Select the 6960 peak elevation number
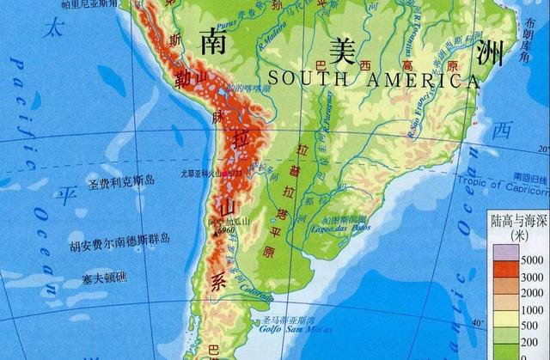click(226, 231)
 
